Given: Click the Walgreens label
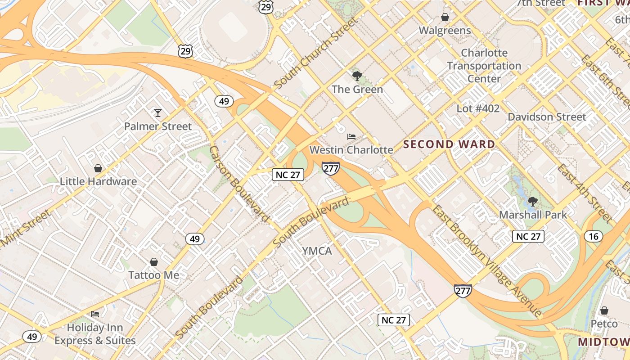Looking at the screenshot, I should pos(445,31).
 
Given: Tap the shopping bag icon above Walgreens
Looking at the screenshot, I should pos(445,17).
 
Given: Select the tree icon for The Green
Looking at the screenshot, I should pos(357,76).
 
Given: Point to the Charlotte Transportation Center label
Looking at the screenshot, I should pos(484,66).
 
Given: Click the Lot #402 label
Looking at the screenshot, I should pos(478,108).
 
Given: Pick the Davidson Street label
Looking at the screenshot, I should pos(547,117).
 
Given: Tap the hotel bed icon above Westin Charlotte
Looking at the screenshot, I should pos(351,136).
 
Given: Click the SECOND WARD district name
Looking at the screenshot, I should pos(449,144).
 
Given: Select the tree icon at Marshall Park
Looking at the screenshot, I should pos(533,201).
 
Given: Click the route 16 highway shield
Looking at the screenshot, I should pos(594,236).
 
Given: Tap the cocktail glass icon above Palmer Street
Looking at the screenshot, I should pos(157,112).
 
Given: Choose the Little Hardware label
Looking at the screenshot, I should pos(99,181).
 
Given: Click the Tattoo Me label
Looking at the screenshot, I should pos(154,275).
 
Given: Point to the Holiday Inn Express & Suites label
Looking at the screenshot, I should pos(95,334).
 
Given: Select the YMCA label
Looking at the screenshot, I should pos(317,251).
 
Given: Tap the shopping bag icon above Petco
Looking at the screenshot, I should pos(604,310).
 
